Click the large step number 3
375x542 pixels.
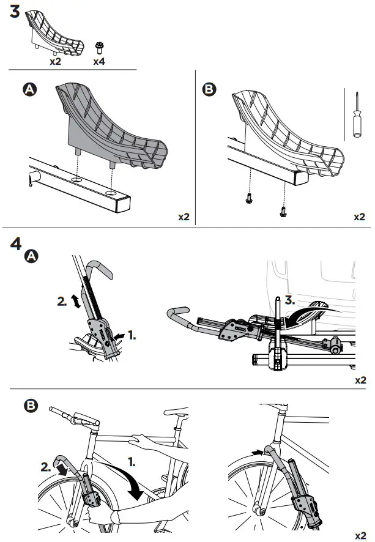[x=17, y=12]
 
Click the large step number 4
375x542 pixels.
[x=17, y=243]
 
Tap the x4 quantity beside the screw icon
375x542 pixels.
[x=99, y=61]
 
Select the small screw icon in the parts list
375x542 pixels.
[x=98, y=47]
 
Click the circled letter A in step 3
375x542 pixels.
[x=28, y=90]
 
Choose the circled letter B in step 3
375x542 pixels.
[x=209, y=90]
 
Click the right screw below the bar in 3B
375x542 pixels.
[x=283, y=210]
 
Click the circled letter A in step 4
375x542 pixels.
[x=29, y=258]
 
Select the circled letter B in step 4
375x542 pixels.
[x=28, y=406]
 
